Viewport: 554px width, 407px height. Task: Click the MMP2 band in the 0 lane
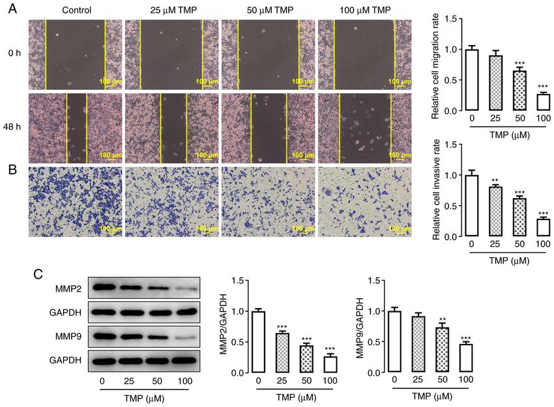pyautogui.click(x=104, y=286)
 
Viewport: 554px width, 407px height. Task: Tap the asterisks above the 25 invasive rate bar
pyautogui.click(x=495, y=180)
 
